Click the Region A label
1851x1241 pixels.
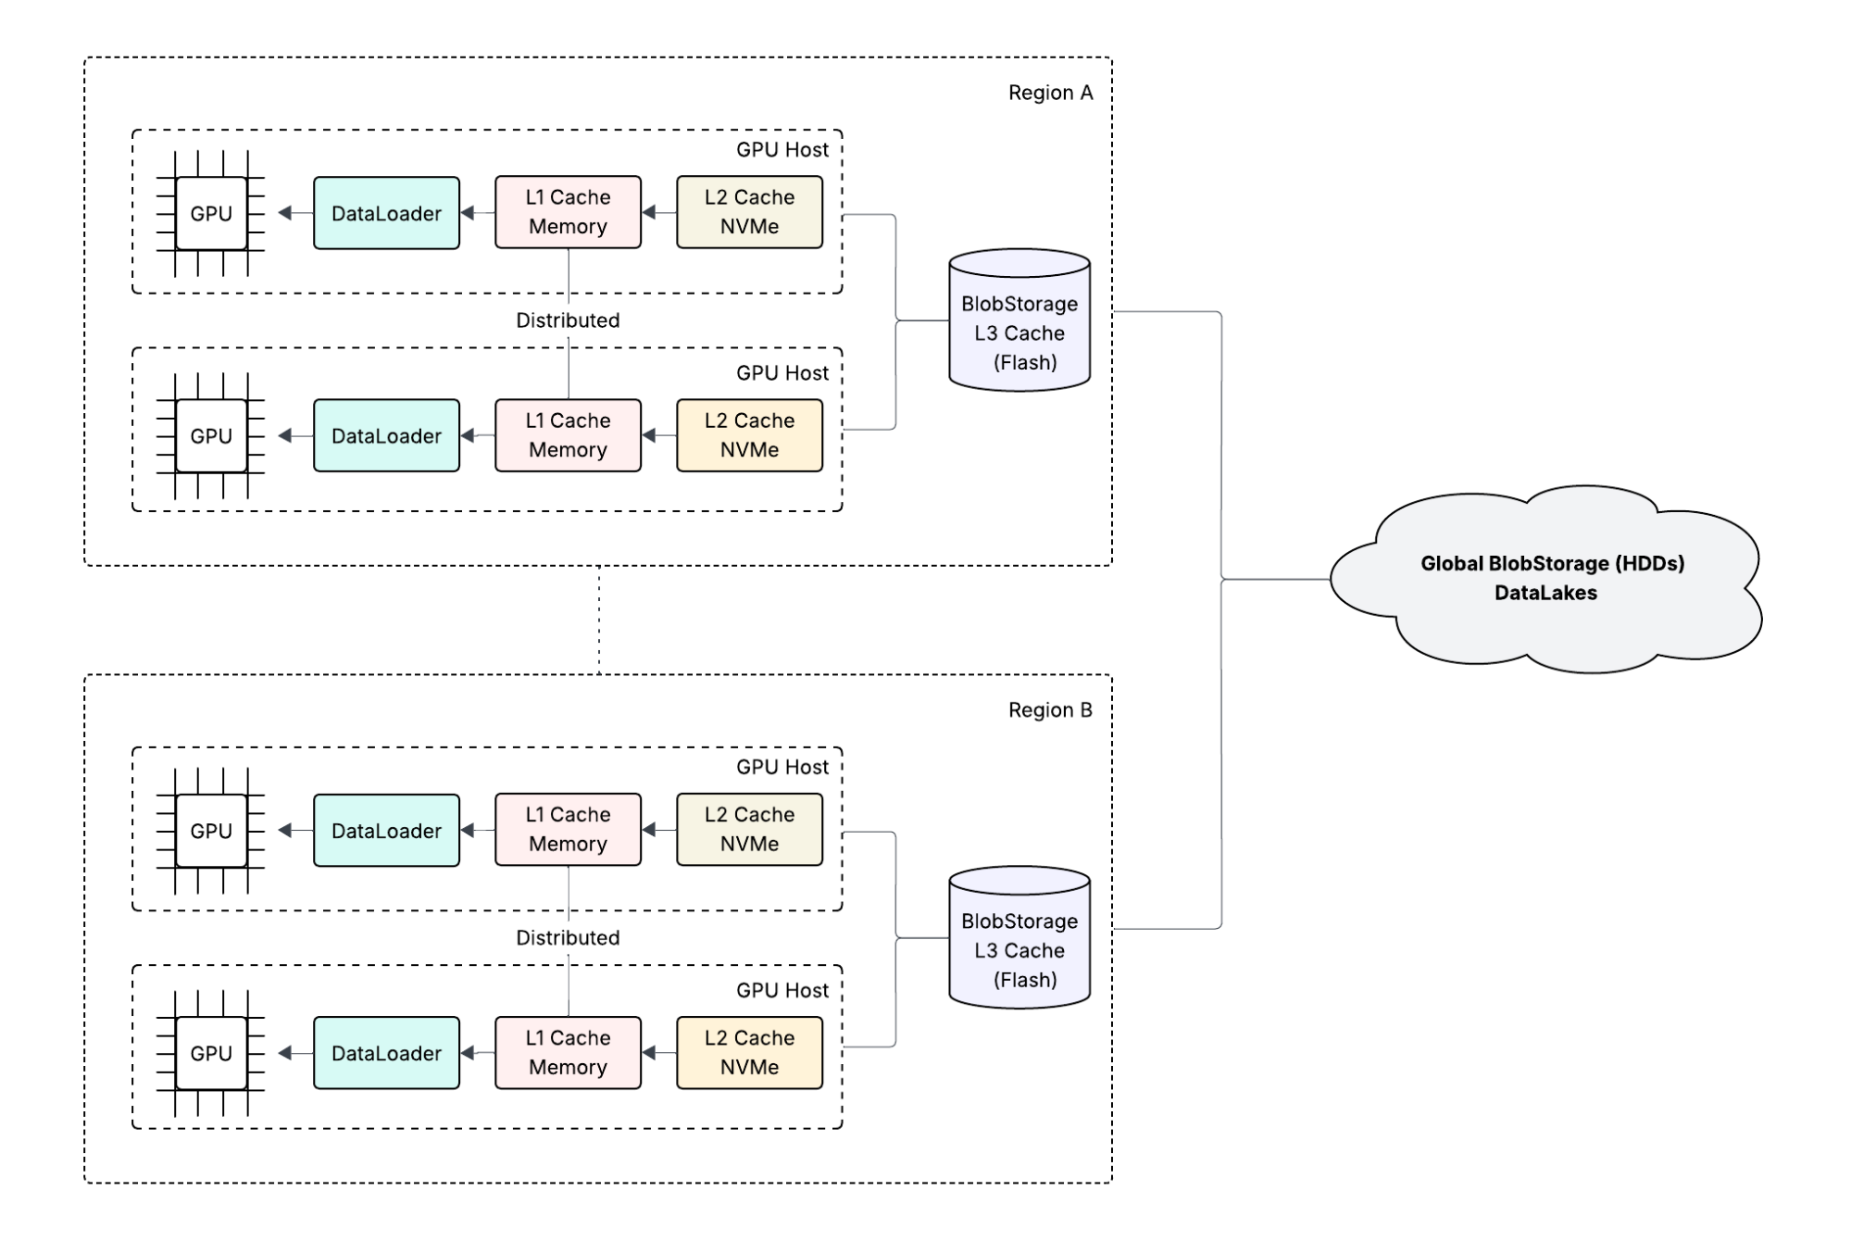tap(1050, 93)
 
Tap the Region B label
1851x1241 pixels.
tap(1050, 710)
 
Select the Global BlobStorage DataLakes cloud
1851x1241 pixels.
tap(1545, 579)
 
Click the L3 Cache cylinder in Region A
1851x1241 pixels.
tap(1019, 320)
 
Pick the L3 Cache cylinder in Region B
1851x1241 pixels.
tap(1019, 937)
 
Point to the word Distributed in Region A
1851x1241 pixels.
tap(568, 320)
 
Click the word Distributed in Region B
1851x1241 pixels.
tap(568, 937)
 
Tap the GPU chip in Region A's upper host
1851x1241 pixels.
tap(211, 213)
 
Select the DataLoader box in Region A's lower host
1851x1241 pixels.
tap(386, 435)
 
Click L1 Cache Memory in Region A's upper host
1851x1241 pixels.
tap(568, 212)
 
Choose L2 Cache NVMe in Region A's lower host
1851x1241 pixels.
tap(749, 435)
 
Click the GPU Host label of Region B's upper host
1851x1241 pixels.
tap(782, 767)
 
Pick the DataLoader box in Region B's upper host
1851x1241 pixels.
tap(386, 831)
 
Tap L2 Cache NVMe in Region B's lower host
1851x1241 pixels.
tap(749, 1053)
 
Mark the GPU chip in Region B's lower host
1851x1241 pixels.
tap(211, 1053)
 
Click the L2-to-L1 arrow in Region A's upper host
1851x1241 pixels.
tap(659, 213)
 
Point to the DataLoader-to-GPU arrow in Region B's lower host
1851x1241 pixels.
tap(295, 1053)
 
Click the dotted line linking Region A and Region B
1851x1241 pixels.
tap(599, 620)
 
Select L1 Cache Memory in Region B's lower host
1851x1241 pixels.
tap(568, 1053)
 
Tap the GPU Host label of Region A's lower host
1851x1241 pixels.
tap(782, 373)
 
